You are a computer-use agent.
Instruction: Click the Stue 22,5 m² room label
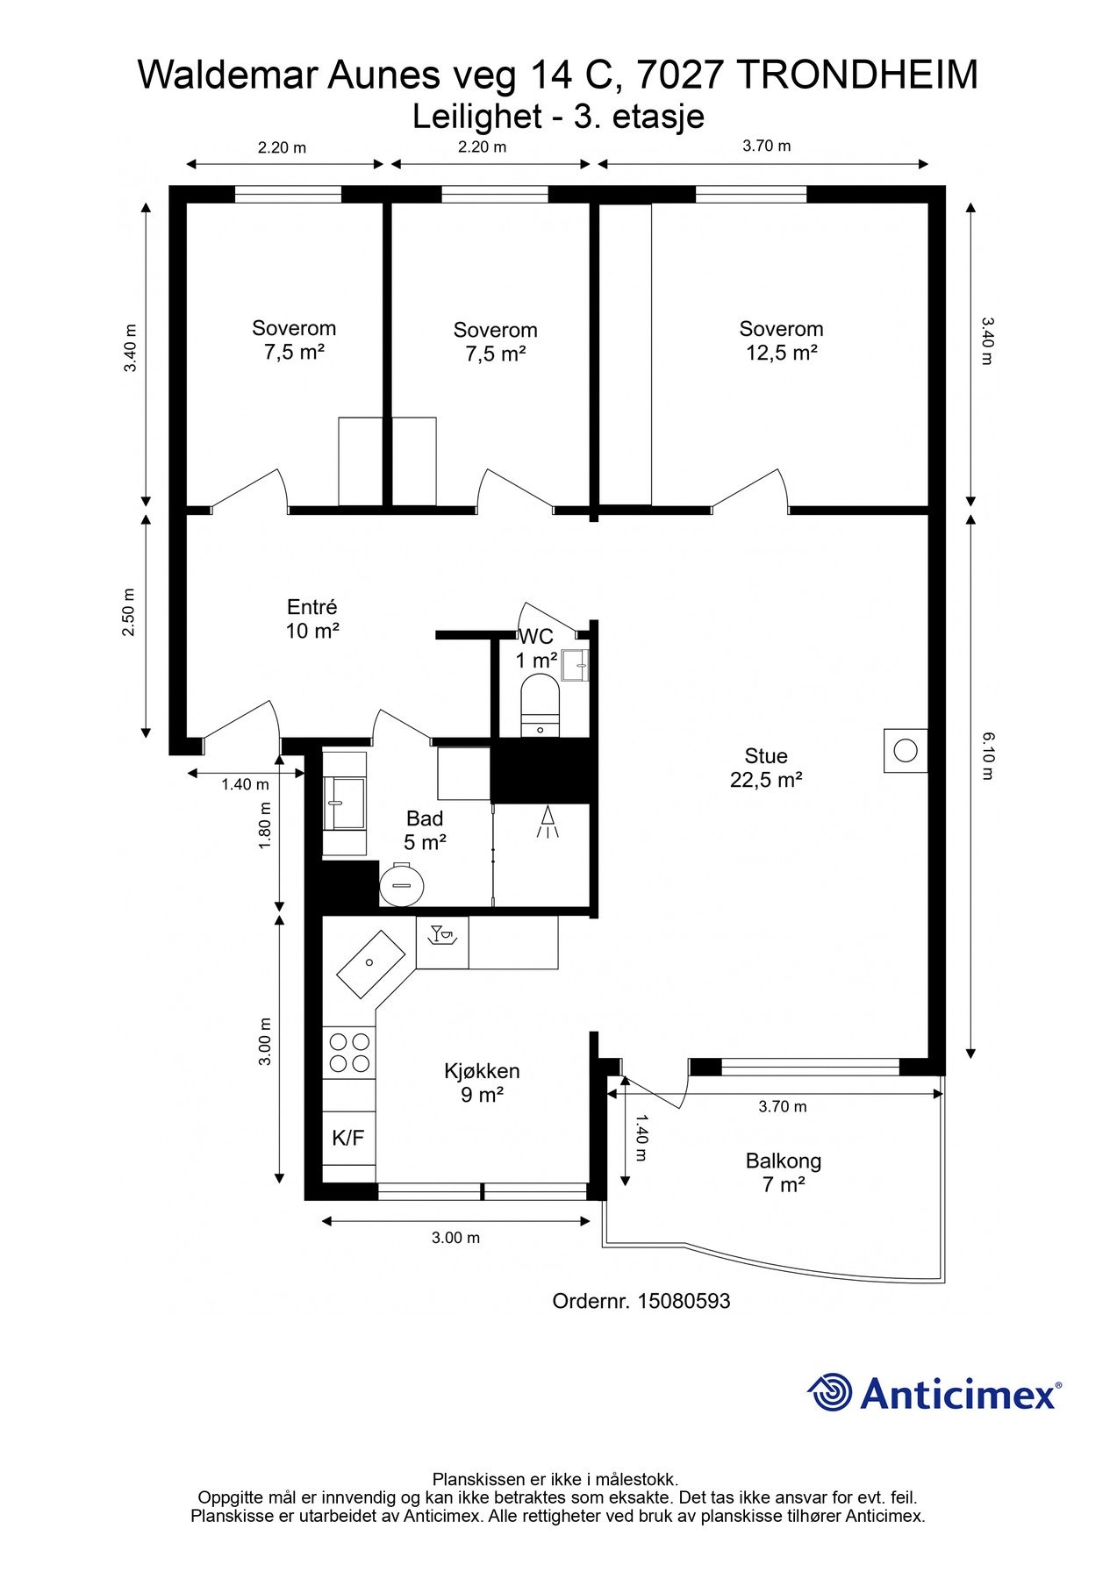(x=766, y=768)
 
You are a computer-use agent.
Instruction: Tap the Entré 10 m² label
(x=312, y=618)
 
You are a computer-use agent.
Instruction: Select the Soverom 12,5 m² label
(x=781, y=340)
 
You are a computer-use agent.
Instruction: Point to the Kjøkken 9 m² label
(x=482, y=1082)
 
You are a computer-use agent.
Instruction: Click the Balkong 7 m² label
(x=784, y=1173)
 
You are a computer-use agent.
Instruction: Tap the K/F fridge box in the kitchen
(x=348, y=1138)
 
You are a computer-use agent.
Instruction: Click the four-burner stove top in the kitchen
(x=348, y=1052)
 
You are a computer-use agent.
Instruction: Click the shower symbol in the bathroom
(x=548, y=822)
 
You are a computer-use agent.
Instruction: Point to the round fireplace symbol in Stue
(x=906, y=751)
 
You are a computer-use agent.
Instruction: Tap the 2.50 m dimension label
(x=129, y=612)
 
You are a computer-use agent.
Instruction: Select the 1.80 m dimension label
(x=265, y=825)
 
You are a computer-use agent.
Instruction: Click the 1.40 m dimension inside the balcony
(x=641, y=1138)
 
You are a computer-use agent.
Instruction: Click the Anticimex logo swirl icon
(x=830, y=1392)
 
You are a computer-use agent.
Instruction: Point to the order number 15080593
(x=684, y=1301)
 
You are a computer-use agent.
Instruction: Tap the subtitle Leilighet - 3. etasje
(x=559, y=116)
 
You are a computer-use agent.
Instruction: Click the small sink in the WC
(x=576, y=665)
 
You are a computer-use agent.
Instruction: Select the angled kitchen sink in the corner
(x=371, y=964)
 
